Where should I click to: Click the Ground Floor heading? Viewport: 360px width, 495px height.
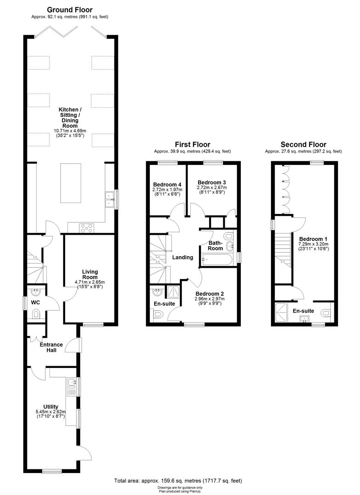coord(70,10)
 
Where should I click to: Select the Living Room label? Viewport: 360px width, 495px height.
coord(89,274)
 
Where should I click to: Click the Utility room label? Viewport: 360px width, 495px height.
coord(50,407)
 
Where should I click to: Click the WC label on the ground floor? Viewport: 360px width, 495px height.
coord(35,303)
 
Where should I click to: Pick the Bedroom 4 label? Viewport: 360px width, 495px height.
coord(166,185)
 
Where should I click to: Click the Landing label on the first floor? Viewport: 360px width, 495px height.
coord(183,258)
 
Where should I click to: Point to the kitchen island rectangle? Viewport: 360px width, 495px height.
coord(70,183)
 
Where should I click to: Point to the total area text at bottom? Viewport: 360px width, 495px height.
coord(178,481)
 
